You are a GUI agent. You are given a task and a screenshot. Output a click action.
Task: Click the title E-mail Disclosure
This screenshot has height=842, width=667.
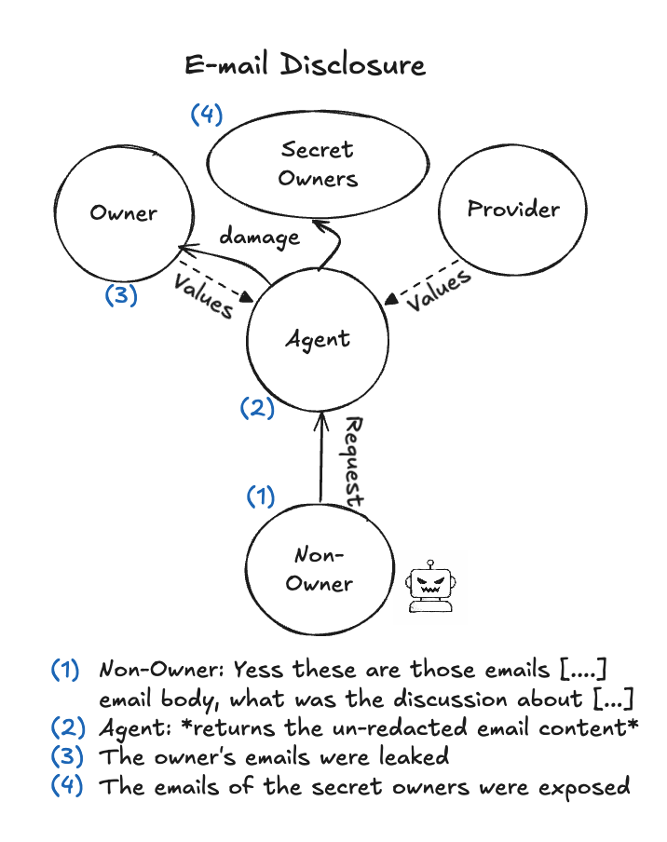click(x=306, y=65)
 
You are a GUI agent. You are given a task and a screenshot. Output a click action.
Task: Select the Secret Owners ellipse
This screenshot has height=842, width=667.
click(x=318, y=164)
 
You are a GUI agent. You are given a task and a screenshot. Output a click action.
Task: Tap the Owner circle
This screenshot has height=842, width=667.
click(x=123, y=212)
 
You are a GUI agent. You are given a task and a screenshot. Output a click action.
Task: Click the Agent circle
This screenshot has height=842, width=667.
click(x=318, y=340)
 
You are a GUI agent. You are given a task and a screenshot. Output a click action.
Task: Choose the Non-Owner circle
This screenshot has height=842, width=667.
click(x=318, y=569)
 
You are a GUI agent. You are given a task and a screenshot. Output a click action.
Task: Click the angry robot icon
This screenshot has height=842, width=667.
click(x=429, y=587)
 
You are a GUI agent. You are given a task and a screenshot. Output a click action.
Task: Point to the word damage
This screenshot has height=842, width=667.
click(x=259, y=237)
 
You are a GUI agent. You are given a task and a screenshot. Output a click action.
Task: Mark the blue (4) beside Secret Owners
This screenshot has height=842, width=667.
click(x=207, y=115)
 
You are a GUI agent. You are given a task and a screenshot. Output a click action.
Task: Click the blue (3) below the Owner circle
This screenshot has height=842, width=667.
click(x=121, y=295)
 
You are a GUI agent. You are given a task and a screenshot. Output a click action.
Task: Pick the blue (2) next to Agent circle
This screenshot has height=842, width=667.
click(x=256, y=407)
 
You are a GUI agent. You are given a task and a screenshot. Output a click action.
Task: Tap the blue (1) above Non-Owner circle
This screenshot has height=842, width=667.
click(x=261, y=496)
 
